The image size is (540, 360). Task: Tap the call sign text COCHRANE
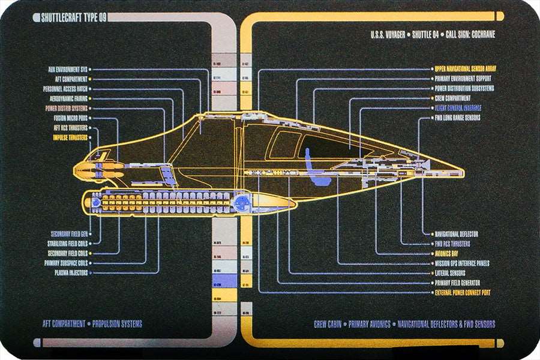(478, 35)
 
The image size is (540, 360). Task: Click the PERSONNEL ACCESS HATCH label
(65, 89)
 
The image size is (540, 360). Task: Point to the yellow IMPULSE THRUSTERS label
(70, 137)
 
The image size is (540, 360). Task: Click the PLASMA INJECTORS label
(71, 272)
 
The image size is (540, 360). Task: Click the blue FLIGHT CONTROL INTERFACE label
(458, 108)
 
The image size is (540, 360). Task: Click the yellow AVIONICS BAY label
(452, 253)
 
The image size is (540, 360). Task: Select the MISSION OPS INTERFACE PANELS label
(462, 263)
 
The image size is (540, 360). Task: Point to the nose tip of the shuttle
(462, 173)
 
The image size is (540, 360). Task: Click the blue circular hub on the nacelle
(242, 203)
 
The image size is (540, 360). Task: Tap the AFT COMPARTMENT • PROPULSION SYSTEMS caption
(92, 324)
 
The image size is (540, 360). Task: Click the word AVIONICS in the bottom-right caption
(376, 325)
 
